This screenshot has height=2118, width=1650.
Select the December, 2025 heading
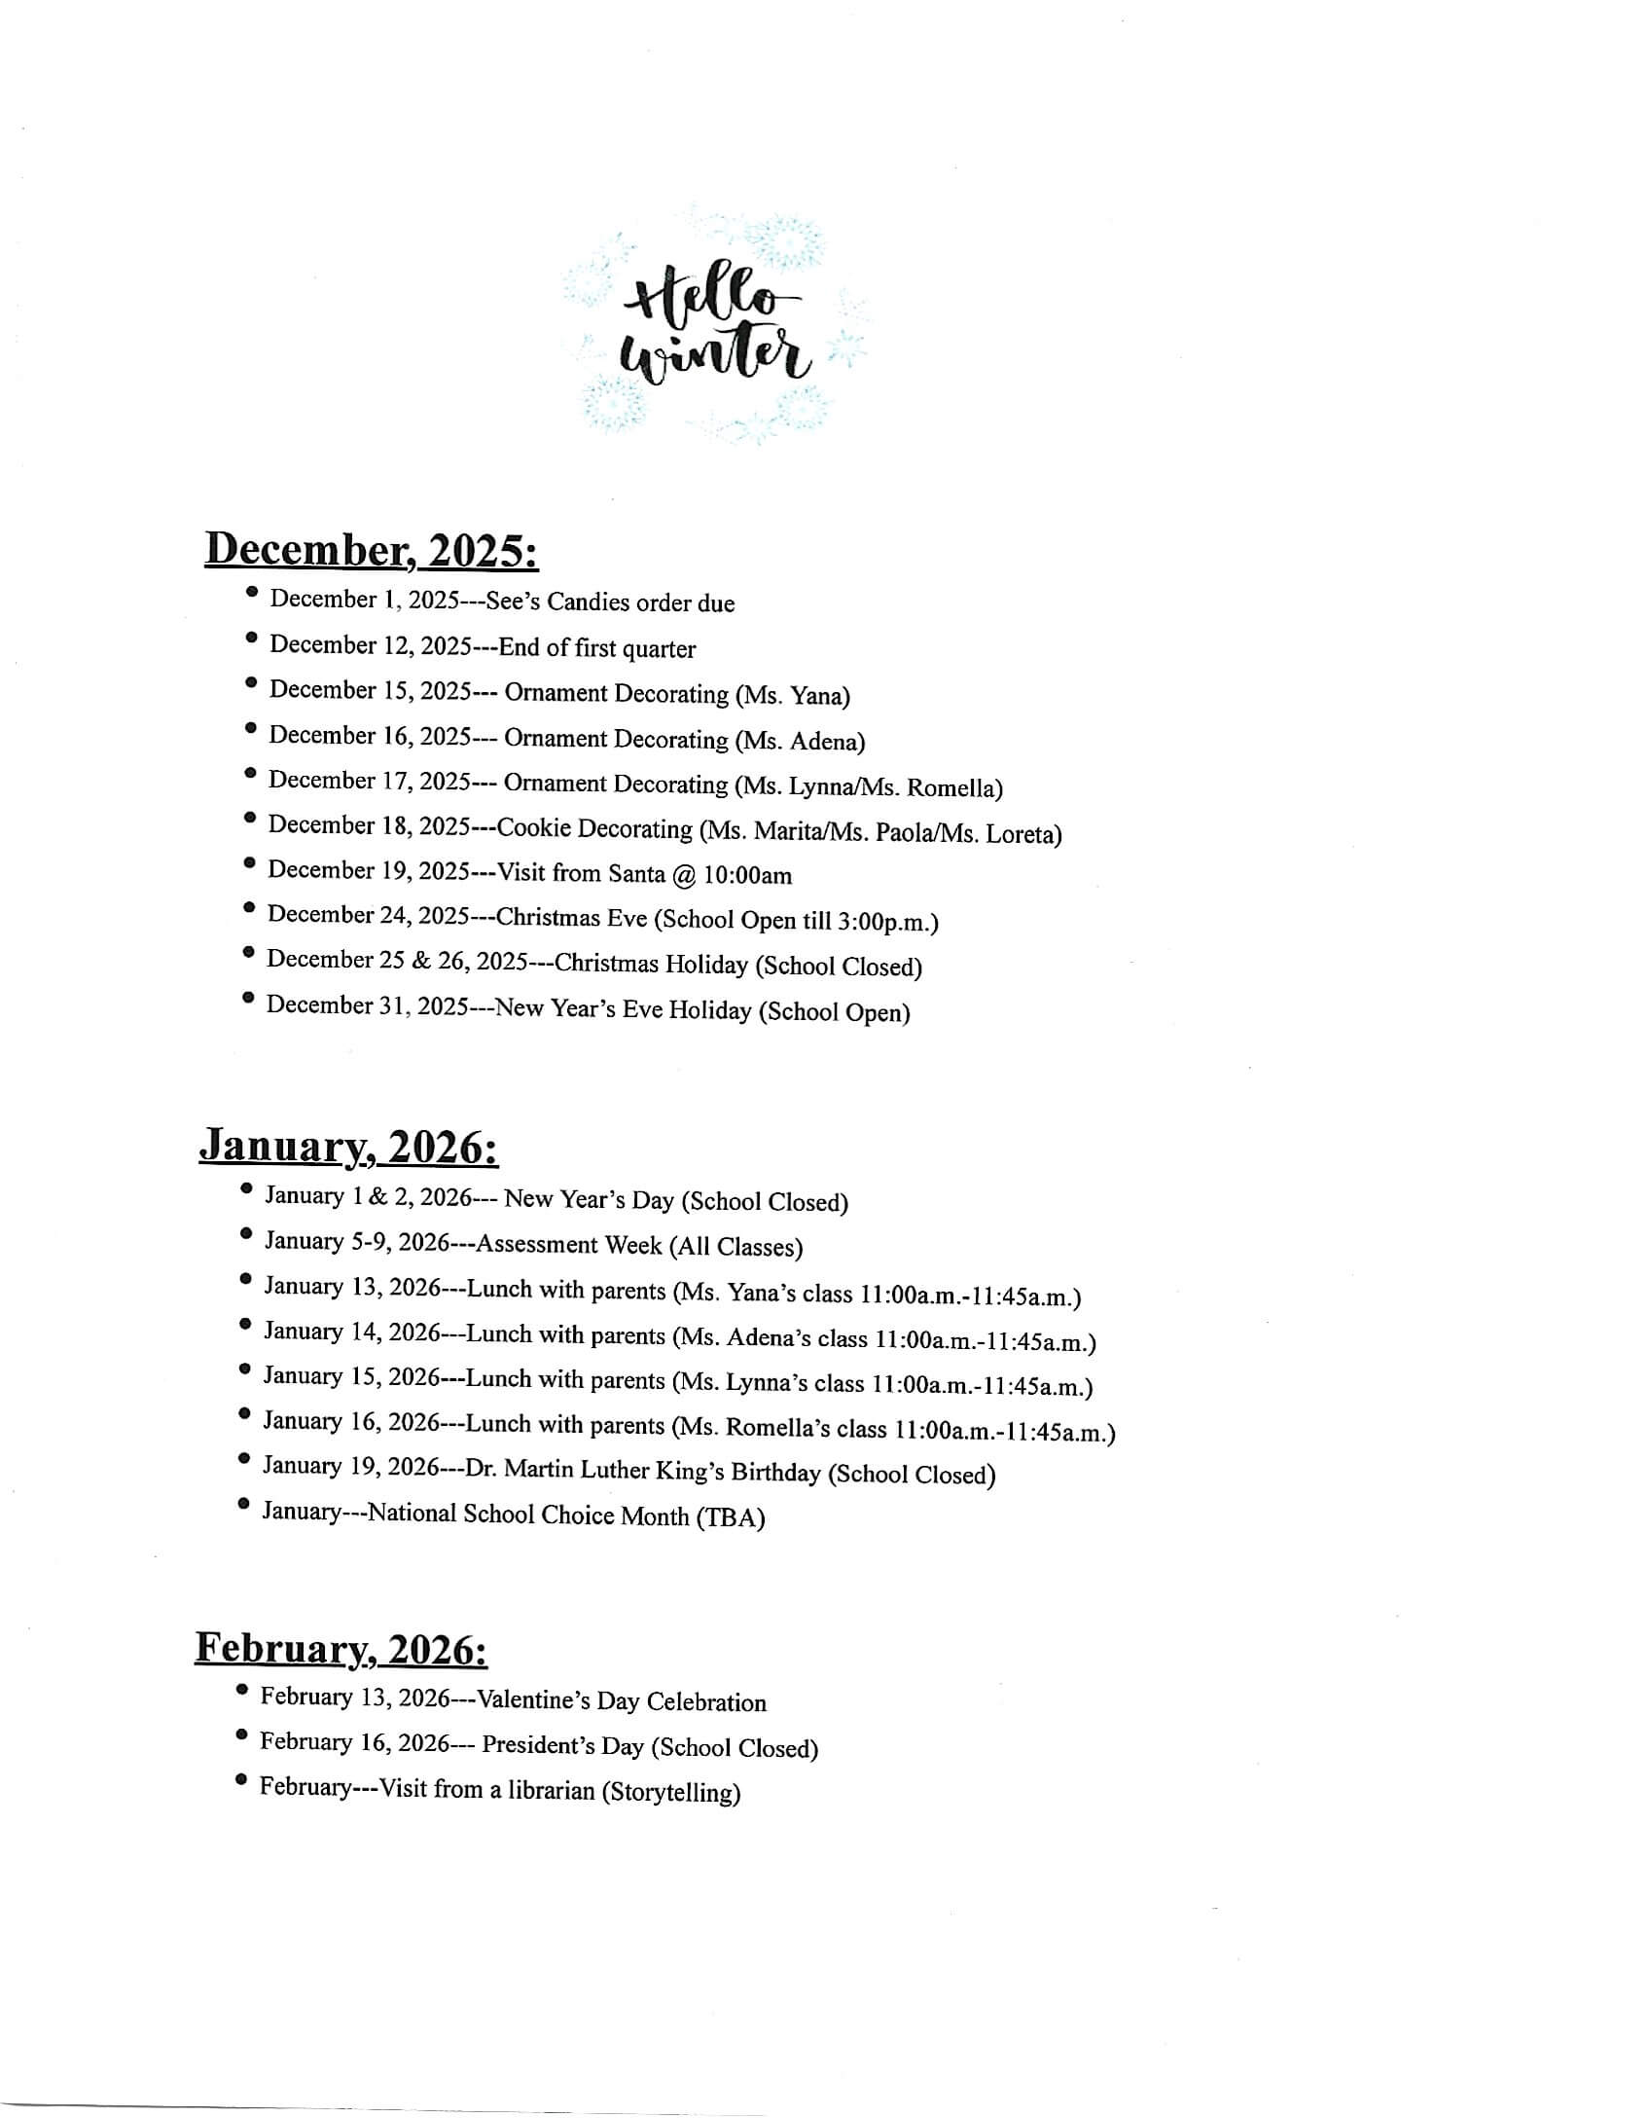pos(371,551)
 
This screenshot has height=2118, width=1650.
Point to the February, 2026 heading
pos(341,1648)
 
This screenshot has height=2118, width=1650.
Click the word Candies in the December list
pos(588,602)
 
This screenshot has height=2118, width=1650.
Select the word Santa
pos(636,874)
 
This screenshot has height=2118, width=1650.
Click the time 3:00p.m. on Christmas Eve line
pos(885,922)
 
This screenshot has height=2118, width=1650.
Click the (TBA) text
pos(730,1517)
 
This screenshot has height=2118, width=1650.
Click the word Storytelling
pos(671,1792)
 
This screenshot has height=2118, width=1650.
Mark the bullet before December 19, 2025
pos(251,862)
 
